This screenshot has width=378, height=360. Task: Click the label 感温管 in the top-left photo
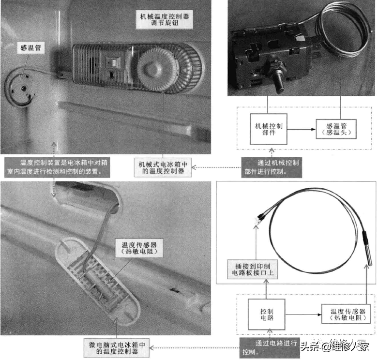pos(31,48)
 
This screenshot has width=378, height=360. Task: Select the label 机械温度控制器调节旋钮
pos(165,19)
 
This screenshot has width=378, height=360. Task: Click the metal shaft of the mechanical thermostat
pos(279,84)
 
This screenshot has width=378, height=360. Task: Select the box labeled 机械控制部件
pos(269,129)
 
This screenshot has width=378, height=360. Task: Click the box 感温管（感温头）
pos(336,129)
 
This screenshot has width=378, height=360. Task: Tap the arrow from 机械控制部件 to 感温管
pos(302,129)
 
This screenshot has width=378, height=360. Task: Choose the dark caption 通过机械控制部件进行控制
pos(272,167)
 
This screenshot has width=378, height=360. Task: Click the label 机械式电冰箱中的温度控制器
pos(163,167)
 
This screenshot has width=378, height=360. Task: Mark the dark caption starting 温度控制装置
pos(57,167)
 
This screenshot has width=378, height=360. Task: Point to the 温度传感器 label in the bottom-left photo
pos(139,248)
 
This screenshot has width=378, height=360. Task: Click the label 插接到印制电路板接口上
pos(252,270)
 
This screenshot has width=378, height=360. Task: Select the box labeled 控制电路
pos(267,315)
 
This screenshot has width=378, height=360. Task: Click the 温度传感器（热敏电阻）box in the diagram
pos(346,314)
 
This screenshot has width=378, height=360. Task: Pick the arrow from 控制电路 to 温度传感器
pos(303,315)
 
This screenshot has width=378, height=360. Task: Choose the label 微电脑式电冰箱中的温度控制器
pos(117,348)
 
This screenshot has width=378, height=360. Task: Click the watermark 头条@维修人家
pos(335,346)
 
